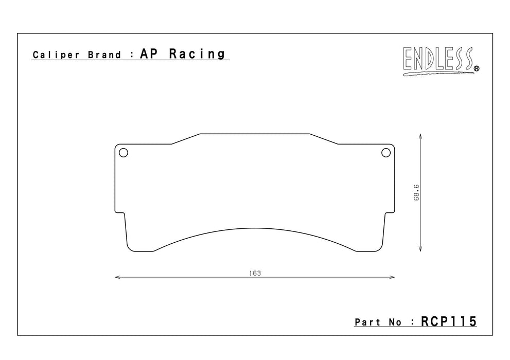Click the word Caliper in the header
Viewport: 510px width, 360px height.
56,55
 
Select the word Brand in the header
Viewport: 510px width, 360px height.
104,55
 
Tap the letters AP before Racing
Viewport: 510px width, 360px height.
149,53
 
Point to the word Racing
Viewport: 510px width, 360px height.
197,54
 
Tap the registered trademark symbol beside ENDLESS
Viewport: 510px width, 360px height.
477,68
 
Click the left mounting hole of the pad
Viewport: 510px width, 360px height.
124,153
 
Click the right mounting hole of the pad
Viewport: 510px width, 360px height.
386,153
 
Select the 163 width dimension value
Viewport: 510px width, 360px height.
255,273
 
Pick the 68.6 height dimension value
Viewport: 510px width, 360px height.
416,193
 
